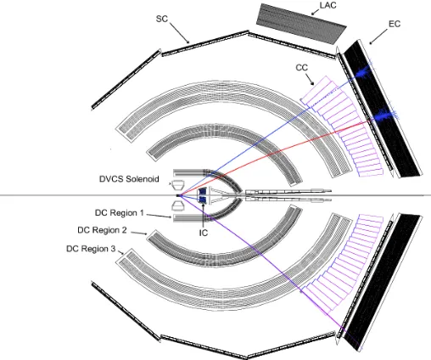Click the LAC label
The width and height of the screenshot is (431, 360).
pyautogui.click(x=327, y=5)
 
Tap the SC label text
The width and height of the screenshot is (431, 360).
pyautogui.click(x=162, y=19)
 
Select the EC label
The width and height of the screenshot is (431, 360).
pyautogui.click(x=395, y=24)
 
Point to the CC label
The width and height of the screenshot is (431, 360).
pyautogui.click(x=301, y=68)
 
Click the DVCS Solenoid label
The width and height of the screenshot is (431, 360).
pyautogui.click(x=129, y=179)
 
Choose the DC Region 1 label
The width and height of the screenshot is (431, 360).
pyautogui.click(x=120, y=212)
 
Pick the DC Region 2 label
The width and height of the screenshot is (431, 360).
pyautogui.click(x=102, y=230)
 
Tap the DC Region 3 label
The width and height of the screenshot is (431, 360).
pyautogui.click(x=91, y=249)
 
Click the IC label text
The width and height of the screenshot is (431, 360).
pyautogui.click(x=204, y=233)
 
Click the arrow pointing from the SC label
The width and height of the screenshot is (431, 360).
pyautogui.click(x=180, y=33)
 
